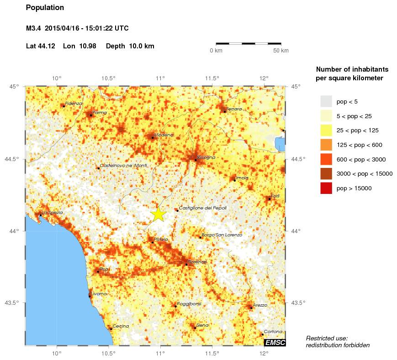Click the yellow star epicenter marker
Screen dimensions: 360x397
click(158, 214)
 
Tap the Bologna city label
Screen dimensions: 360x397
click(206, 157)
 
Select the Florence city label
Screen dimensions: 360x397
click(197, 261)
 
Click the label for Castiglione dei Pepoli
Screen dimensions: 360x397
click(202, 208)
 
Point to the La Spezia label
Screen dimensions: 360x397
click(53, 213)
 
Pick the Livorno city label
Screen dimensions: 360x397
click(99, 294)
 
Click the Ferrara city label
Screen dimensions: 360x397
click(233, 109)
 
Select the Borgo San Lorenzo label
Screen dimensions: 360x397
click(222, 235)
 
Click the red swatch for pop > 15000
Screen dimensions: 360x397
click(326, 188)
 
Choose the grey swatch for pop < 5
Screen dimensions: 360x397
click(326, 101)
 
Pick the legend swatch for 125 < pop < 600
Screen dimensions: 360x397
click(326, 145)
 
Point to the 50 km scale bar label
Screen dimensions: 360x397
click(281, 51)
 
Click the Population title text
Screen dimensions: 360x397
click(45, 8)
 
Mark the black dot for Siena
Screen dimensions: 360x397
click(195, 328)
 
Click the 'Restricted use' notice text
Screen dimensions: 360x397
click(327, 338)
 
